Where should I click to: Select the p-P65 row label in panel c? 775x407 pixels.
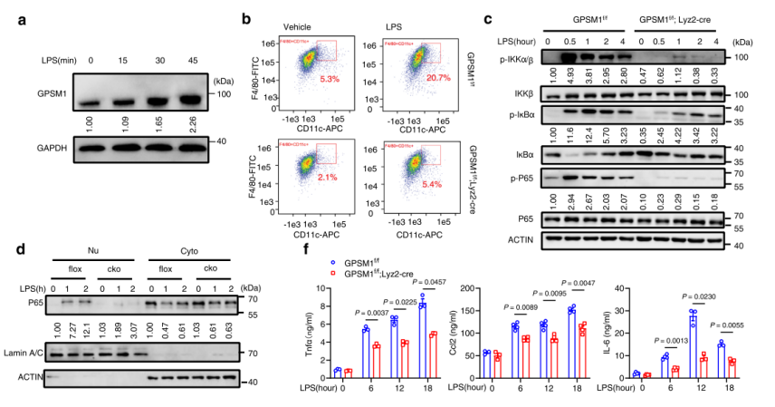pos(521,175)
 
